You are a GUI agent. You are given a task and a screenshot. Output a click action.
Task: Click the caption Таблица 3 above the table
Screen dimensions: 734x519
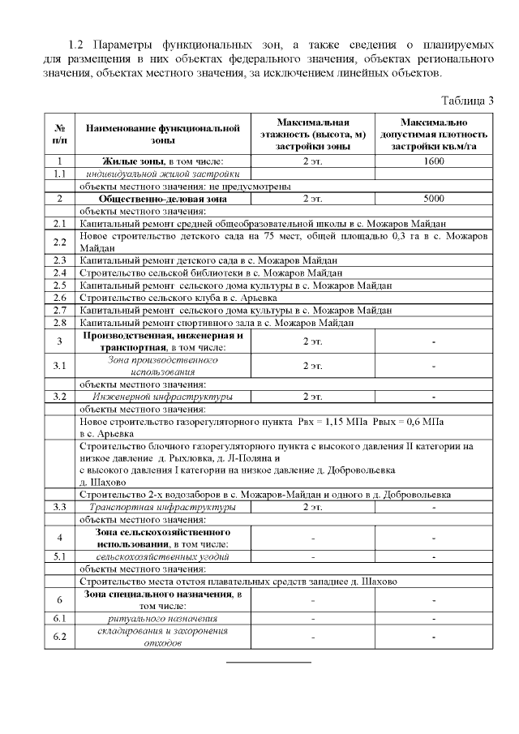[466, 101]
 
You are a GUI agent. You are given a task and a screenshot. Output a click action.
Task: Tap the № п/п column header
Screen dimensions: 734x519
[59, 134]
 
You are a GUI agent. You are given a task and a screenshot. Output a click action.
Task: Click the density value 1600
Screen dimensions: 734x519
[434, 161]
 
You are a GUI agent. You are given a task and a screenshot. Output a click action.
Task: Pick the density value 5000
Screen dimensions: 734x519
[434, 198]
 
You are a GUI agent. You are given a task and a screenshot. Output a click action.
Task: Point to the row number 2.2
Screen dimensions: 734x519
[59, 242]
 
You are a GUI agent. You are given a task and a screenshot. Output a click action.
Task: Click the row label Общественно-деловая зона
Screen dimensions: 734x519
[161, 198]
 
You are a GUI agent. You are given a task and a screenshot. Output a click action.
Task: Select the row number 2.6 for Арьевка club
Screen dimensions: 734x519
[59, 298]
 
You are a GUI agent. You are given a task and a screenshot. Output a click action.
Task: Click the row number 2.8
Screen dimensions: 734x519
[59, 322]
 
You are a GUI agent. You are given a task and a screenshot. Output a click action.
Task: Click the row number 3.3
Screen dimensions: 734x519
[59, 507]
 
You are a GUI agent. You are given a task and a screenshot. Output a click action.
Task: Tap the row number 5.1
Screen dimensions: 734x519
[59, 557]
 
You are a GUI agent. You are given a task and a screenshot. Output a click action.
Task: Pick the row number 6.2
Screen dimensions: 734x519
[59, 637]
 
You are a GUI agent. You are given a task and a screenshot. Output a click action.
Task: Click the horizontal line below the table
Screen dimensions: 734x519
[268, 663]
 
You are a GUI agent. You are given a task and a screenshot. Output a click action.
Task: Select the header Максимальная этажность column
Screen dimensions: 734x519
[312, 134]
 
